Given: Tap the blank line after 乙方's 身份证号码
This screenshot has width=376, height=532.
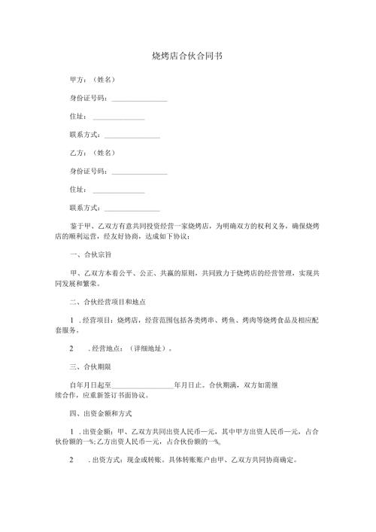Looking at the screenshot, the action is (x=139, y=172).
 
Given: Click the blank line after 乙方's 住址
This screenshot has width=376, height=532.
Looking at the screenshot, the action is (x=118, y=190).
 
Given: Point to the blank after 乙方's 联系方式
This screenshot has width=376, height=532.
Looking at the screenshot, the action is (x=132, y=208).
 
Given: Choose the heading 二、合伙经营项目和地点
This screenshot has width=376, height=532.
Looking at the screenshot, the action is (x=107, y=302).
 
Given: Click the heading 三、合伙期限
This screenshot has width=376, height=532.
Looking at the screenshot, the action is (x=90, y=366).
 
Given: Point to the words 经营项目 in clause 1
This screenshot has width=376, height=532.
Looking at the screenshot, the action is (x=98, y=321).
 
